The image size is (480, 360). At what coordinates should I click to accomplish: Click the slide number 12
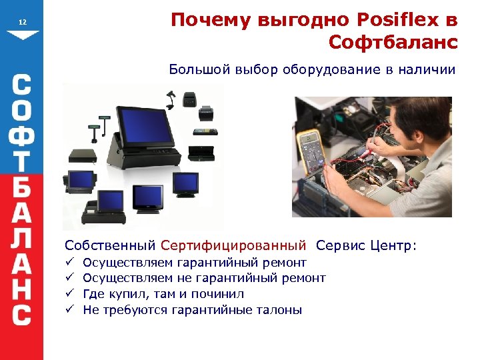23,23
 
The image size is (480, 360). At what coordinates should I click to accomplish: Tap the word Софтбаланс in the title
393,43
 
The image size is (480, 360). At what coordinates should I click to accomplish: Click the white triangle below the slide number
23,35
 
